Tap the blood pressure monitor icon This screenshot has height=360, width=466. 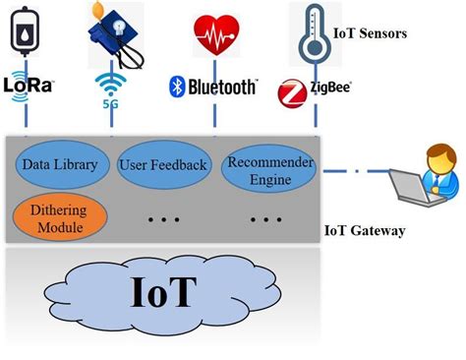point(116,30)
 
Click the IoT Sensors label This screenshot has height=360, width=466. point(371,33)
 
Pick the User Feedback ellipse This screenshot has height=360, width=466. point(163,164)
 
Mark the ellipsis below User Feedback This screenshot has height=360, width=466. point(163,217)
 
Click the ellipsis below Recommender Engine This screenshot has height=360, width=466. point(264,217)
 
